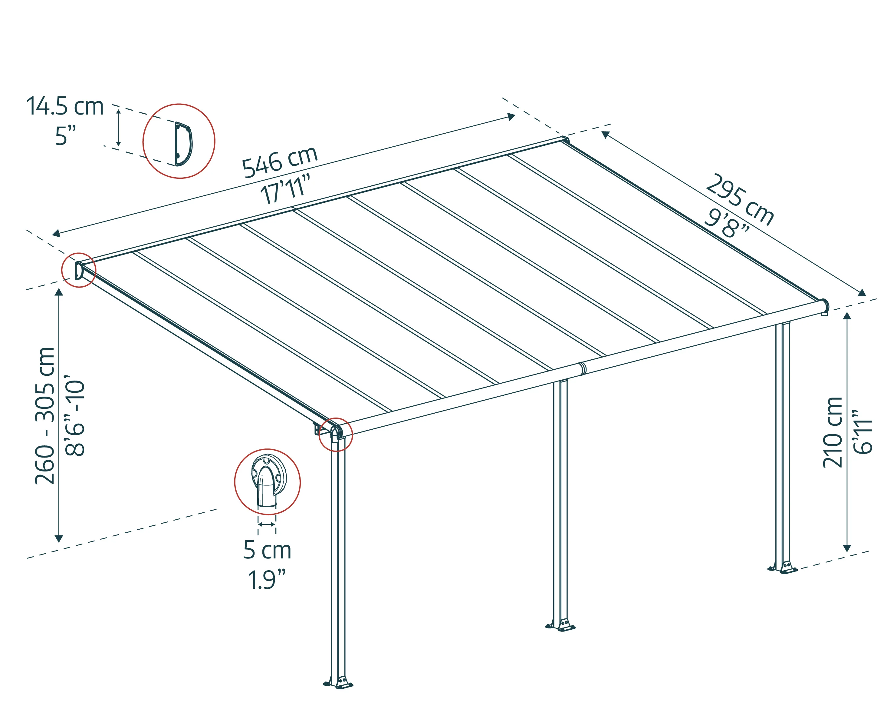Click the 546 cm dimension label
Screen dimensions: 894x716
tap(280, 162)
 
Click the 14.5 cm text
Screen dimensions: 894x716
tap(65, 106)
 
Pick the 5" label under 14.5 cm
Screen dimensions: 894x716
tap(65, 136)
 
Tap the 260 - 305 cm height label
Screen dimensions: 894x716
tap(45, 415)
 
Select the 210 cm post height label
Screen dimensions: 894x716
tap(832, 432)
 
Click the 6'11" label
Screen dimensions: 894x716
tap(863, 432)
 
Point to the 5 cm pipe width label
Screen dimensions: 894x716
tap(268, 550)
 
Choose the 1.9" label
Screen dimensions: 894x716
tap(267, 580)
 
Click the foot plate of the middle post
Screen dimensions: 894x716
tap(560, 625)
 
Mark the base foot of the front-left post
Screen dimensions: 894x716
tap(338, 683)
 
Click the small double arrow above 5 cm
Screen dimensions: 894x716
tap(267, 525)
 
